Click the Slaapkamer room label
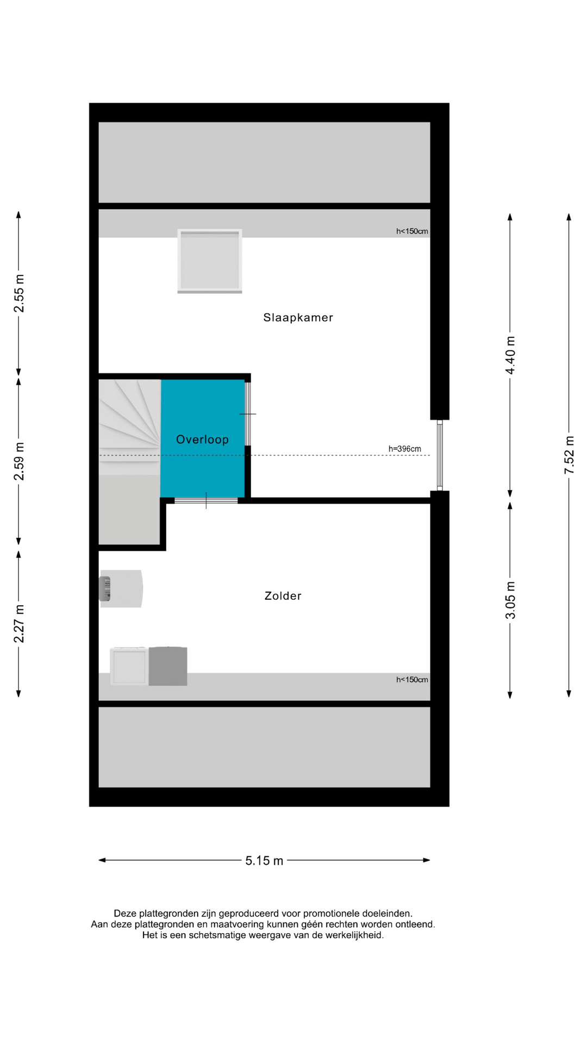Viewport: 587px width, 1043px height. click(x=298, y=317)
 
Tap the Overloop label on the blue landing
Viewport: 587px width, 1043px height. click(x=202, y=439)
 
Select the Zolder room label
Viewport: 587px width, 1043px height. click(x=283, y=596)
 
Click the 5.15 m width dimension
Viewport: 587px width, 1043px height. click(x=264, y=860)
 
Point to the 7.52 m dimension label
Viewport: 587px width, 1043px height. click(x=569, y=455)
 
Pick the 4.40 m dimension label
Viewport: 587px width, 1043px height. click(x=510, y=355)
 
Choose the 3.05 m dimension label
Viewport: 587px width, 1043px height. click(x=510, y=600)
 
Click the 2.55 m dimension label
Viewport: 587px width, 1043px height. click(x=19, y=293)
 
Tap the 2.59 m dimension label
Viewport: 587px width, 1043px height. click(x=19, y=461)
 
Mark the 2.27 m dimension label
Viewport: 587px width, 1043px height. click(x=19, y=624)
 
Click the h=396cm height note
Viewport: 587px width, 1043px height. click(x=404, y=449)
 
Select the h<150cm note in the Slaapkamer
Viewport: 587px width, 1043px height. click(x=412, y=231)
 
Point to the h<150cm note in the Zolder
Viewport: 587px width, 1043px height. click(x=412, y=680)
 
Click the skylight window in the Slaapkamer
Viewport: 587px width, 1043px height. click(x=210, y=261)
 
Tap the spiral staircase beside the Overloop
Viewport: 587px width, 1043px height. click(x=129, y=427)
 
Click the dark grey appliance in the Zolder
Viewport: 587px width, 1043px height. click(x=168, y=666)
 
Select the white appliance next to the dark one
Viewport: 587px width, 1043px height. click(x=129, y=666)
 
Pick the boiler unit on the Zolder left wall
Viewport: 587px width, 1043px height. click(x=121, y=588)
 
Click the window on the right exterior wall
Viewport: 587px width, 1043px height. click(x=440, y=455)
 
